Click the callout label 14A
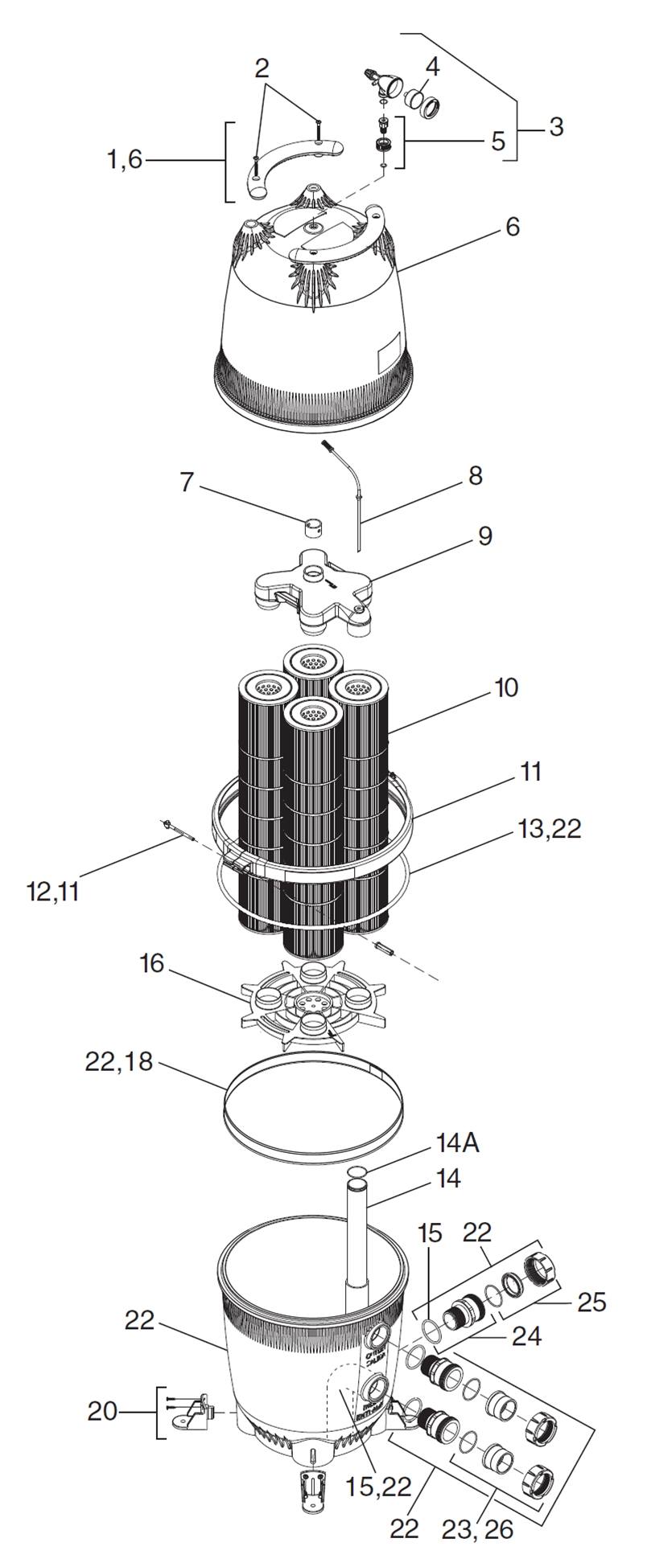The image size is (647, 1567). click(x=457, y=1143)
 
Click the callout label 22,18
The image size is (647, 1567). click(x=118, y=1061)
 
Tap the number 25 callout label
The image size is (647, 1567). click(x=591, y=1301)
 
